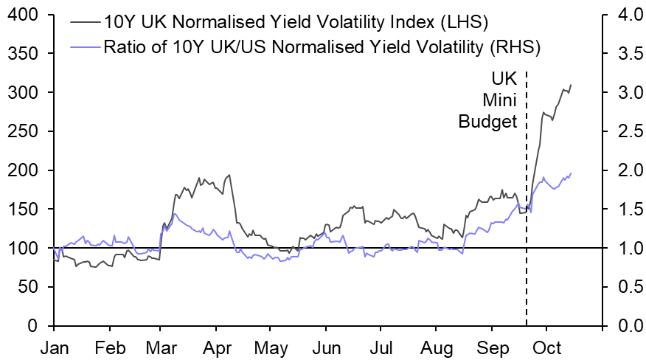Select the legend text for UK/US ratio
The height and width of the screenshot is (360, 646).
(x=322, y=49)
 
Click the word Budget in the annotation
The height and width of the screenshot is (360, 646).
(x=488, y=122)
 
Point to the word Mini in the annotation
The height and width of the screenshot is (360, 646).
(x=501, y=100)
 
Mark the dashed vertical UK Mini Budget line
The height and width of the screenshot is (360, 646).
(x=527, y=221)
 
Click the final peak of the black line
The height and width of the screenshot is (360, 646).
(x=571, y=85)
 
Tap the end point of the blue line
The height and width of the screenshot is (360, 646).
(x=571, y=173)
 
